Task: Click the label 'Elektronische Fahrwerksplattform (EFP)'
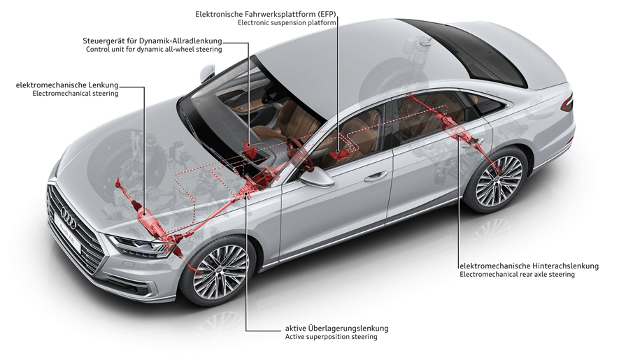click(x=266, y=14)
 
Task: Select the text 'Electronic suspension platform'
click(x=287, y=23)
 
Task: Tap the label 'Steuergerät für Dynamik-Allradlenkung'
click(x=152, y=41)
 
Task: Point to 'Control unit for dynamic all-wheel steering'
click(x=154, y=50)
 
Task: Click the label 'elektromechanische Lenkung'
click(x=67, y=85)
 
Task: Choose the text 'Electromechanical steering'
click(x=76, y=94)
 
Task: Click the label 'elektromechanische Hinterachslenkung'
click(x=529, y=266)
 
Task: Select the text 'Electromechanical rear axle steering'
click(x=517, y=274)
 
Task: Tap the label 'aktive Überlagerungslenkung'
click(x=336, y=329)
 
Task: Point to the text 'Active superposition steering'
click(x=332, y=337)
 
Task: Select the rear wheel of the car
click(x=497, y=180)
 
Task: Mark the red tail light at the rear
click(x=567, y=102)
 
